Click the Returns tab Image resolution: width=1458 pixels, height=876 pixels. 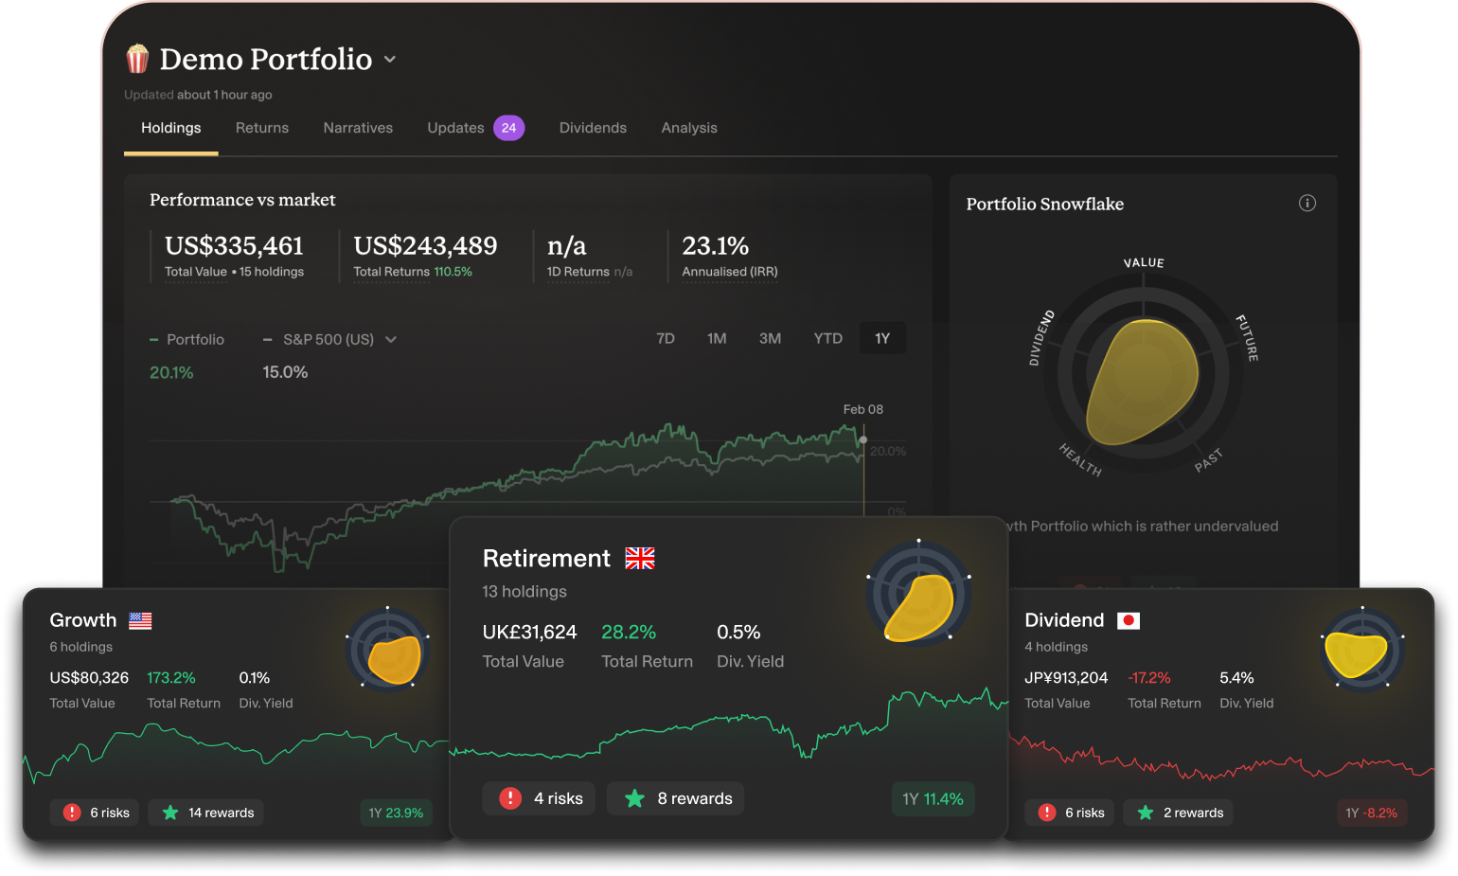(261, 128)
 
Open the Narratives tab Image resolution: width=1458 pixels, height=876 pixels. (358, 128)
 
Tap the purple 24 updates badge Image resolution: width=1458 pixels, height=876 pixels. (508, 128)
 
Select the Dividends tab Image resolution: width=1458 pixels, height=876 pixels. (593, 128)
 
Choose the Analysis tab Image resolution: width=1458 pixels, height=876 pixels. (689, 128)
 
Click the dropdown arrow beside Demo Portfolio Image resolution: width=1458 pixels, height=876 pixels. (390, 60)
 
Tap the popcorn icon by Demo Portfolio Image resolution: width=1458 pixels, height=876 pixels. (137, 59)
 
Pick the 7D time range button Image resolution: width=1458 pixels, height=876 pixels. (666, 338)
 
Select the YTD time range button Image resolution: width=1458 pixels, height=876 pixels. (827, 338)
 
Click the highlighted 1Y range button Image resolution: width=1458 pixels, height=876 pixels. (882, 338)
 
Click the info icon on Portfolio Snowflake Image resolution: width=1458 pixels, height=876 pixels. (1307, 203)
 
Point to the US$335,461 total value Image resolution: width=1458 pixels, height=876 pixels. (234, 246)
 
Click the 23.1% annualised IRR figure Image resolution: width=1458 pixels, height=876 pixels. (715, 246)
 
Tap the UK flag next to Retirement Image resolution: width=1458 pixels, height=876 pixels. (640, 559)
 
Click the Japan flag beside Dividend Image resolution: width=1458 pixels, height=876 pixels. (1129, 620)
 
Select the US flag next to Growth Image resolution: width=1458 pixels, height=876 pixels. (140, 620)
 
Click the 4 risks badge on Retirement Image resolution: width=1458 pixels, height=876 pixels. (539, 798)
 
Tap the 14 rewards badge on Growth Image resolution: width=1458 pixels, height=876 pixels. (207, 813)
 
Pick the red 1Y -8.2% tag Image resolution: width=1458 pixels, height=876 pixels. (1371, 813)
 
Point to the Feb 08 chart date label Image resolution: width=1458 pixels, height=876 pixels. (862, 409)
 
